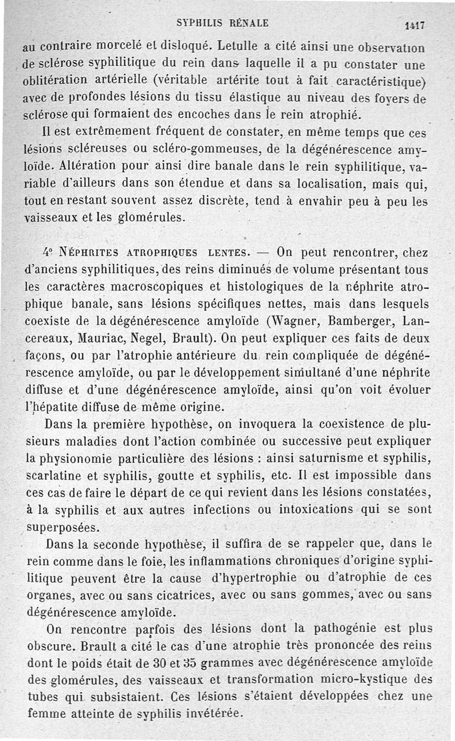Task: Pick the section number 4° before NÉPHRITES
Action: coord(48,251)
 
